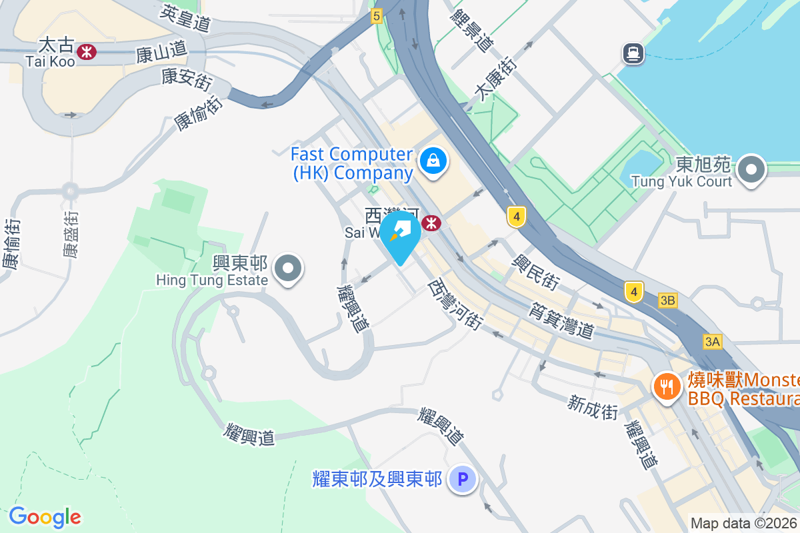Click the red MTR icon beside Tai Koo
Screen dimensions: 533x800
[86, 51]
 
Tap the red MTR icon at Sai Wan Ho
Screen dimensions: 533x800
[432, 223]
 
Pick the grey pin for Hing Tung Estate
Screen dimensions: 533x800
[289, 269]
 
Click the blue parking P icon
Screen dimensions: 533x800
[462, 479]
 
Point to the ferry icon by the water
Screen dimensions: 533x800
[633, 53]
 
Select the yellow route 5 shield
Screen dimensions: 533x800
[377, 15]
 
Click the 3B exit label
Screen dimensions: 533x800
[667, 300]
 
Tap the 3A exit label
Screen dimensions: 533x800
[712, 342]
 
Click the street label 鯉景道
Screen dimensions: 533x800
[472, 30]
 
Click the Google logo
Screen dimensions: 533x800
[45, 517]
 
